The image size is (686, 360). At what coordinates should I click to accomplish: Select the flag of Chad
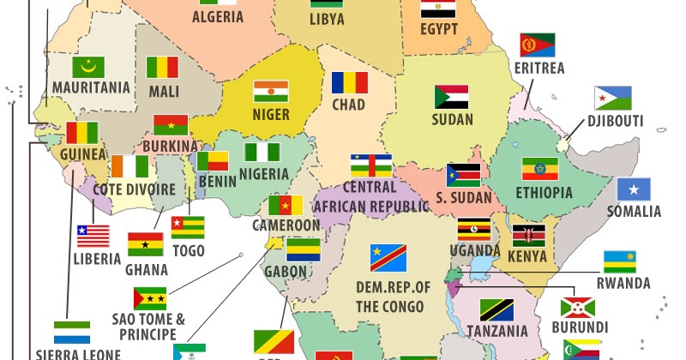(350, 82)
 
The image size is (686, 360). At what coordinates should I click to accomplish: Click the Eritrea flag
(538, 45)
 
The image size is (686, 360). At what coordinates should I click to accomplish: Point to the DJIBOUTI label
(615, 121)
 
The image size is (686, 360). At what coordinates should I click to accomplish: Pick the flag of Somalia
(634, 189)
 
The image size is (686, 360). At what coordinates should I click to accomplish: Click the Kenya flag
(529, 236)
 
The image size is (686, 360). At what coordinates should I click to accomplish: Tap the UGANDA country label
(474, 251)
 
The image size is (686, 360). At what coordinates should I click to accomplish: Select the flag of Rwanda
(620, 261)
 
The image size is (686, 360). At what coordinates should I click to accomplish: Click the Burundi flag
(578, 307)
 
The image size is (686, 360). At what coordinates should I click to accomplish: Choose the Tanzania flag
(496, 309)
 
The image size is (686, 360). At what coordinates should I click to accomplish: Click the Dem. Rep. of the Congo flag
(388, 255)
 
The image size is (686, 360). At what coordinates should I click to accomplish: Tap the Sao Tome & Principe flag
(150, 298)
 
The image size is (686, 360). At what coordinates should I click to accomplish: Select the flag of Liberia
(93, 236)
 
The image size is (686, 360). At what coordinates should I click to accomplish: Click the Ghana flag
(145, 244)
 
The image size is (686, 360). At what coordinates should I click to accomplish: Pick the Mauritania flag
(88, 67)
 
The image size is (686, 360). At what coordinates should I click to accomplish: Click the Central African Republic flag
(370, 165)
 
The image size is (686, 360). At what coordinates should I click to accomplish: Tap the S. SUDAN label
(463, 198)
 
